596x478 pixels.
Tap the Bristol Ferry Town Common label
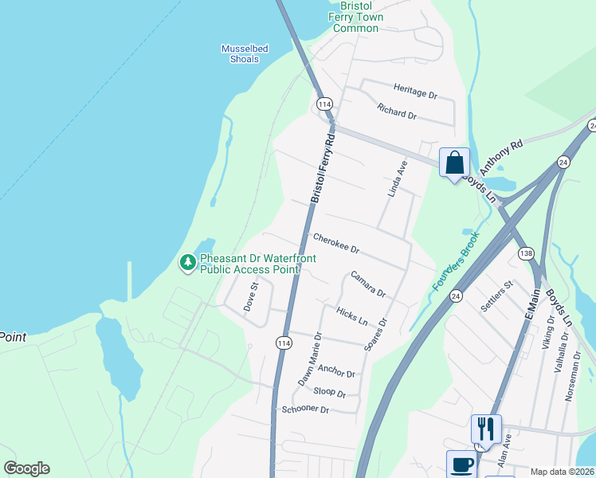tap(356, 17)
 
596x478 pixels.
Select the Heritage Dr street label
tap(415, 90)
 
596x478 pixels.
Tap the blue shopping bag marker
tap(454, 163)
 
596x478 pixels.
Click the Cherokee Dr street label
tap(335, 244)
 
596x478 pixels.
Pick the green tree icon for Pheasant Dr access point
tap(188, 262)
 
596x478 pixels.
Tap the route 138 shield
tap(526, 253)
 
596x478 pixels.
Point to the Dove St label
tap(252, 296)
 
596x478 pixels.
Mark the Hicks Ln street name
tap(351, 316)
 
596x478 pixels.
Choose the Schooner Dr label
tap(305, 409)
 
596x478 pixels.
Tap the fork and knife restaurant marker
tap(485, 429)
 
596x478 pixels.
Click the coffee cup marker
tap(461, 464)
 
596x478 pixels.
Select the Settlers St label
tap(496, 297)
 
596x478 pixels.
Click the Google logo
tap(26, 468)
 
